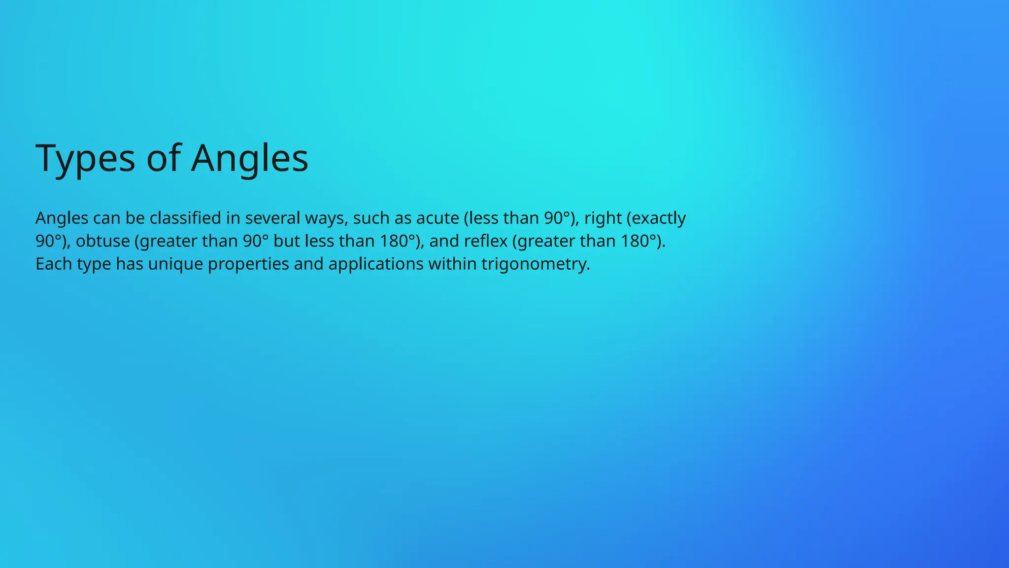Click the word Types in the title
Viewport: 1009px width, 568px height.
(x=85, y=158)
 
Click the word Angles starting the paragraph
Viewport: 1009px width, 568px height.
(x=62, y=218)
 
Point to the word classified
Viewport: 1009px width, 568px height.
(x=185, y=218)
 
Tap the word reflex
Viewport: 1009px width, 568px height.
(x=485, y=241)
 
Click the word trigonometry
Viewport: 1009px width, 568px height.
(x=535, y=264)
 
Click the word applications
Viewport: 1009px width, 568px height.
(x=376, y=264)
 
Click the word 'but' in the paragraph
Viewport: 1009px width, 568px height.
(x=286, y=241)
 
